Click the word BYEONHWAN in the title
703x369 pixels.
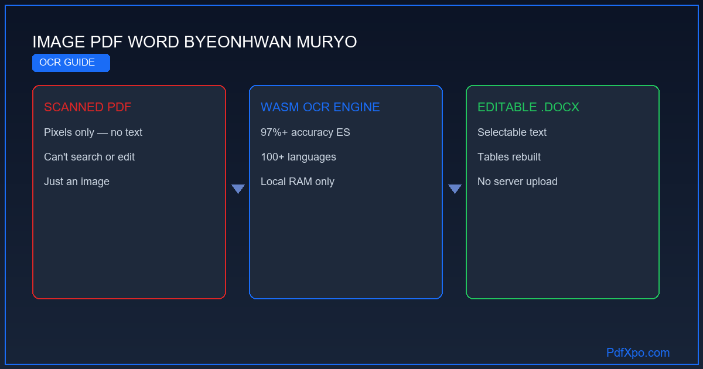[x=238, y=42]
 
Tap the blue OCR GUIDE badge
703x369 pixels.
[x=71, y=63]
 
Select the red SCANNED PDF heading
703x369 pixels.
[x=87, y=107]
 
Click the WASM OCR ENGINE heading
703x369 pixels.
[x=320, y=107]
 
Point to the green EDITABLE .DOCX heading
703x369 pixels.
[x=528, y=107]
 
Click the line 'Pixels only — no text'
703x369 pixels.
[x=93, y=132]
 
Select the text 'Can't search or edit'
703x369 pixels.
[x=89, y=157]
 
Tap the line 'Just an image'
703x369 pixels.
[x=77, y=182]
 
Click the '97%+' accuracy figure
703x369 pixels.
[x=274, y=132]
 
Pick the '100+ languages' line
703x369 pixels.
[x=298, y=157]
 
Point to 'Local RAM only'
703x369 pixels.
[x=298, y=182]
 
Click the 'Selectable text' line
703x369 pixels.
[x=512, y=132]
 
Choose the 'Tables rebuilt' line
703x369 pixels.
[x=509, y=157]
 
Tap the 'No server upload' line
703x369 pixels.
[x=517, y=182]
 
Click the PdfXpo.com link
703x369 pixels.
[x=638, y=353]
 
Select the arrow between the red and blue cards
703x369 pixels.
[x=238, y=189]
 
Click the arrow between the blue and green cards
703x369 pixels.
[x=455, y=189]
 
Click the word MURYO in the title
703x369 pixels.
[x=327, y=42]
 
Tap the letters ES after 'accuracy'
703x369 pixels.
[x=343, y=132]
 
